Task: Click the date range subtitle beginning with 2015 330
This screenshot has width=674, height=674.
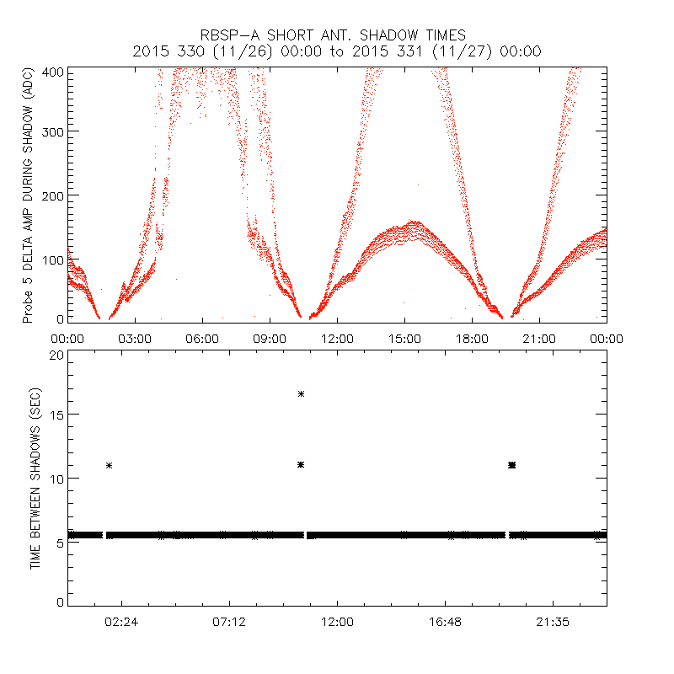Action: [x=337, y=51]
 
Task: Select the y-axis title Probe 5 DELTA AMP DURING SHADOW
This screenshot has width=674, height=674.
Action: [x=28, y=196]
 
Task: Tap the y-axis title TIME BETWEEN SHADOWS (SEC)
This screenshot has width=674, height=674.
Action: [x=35, y=479]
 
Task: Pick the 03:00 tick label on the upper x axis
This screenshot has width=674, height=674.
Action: [x=135, y=338]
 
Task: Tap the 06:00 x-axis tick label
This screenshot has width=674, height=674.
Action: [x=202, y=338]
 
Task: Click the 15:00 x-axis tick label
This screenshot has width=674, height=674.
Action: [x=404, y=338]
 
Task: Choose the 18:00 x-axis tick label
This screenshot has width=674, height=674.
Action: [x=472, y=338]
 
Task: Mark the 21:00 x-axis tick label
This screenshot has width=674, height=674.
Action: [x=539, y=338]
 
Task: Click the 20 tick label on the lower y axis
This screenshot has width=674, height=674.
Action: [x=56, y=355]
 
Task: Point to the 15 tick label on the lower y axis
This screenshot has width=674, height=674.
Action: [x=56, y=415]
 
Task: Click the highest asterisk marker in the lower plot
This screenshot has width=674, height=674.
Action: [x=301, y=393]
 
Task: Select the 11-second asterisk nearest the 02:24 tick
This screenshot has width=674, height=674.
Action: [x=109, y=465]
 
